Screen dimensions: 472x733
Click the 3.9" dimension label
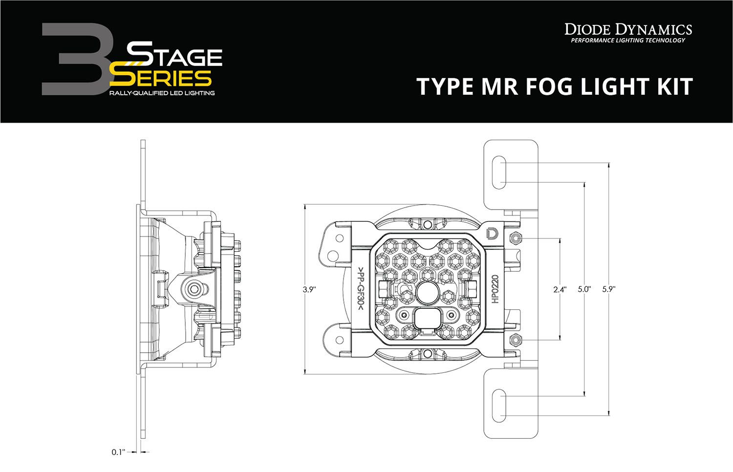coord(309,289)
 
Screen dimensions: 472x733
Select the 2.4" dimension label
coord(560,289)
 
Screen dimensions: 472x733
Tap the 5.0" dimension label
coord(584,289)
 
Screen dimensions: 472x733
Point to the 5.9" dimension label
coord(608,289)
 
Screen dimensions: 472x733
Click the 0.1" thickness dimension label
coord(118,452)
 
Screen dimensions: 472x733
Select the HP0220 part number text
coord(495,289)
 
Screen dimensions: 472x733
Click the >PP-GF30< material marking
coord(360,289)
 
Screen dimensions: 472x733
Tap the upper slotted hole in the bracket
coord(499,172)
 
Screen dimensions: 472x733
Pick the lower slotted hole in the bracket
coord(499,405)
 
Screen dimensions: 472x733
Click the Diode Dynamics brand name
coord(628,29)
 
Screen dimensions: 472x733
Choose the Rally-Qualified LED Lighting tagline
coord(162,93)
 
